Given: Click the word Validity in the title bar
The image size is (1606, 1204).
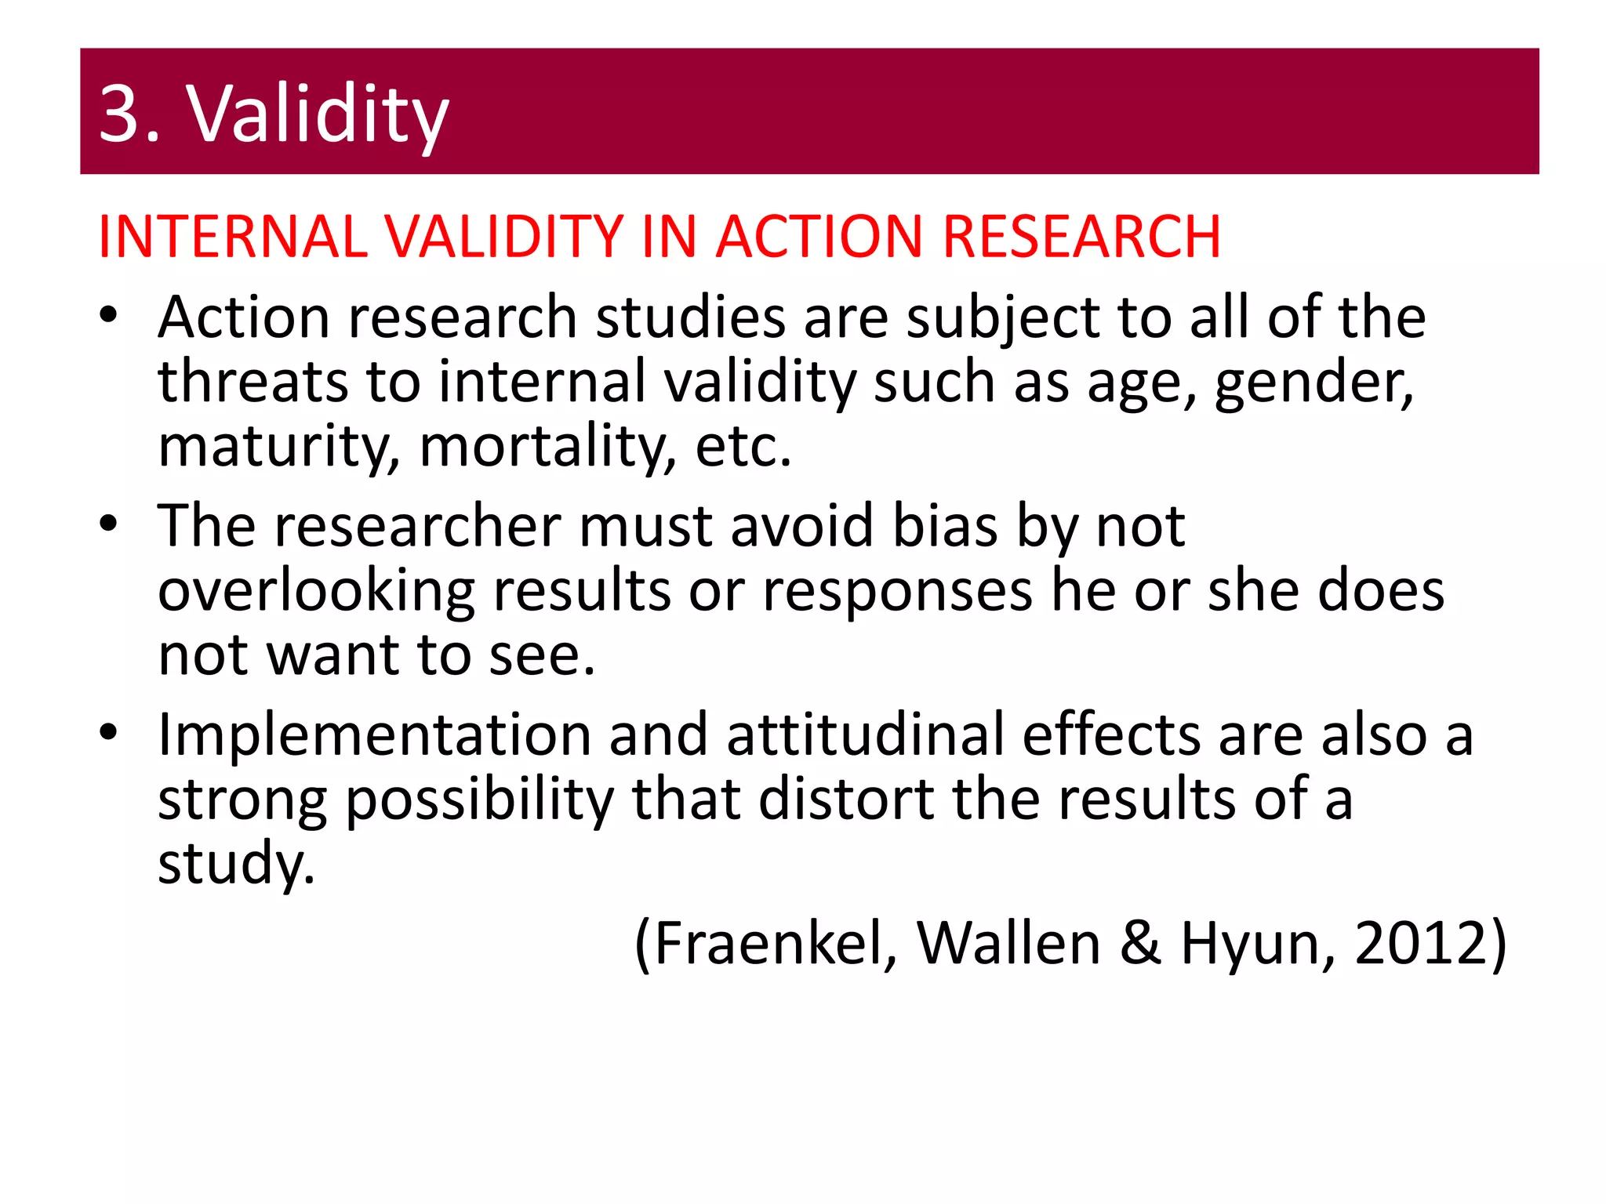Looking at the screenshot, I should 317,115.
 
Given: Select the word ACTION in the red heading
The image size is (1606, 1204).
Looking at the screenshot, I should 819,237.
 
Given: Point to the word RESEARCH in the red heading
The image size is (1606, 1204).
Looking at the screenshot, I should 1081,237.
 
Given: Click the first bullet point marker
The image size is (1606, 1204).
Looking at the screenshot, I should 108,316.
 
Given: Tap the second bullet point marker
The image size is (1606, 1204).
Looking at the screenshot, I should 108,524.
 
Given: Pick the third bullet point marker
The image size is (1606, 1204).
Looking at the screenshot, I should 108,733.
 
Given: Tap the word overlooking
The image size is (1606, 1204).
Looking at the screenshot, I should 316,592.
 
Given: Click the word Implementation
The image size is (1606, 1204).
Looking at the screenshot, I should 374,735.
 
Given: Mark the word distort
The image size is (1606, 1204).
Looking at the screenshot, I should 847,800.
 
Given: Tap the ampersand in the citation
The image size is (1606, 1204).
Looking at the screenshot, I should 1140,943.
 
